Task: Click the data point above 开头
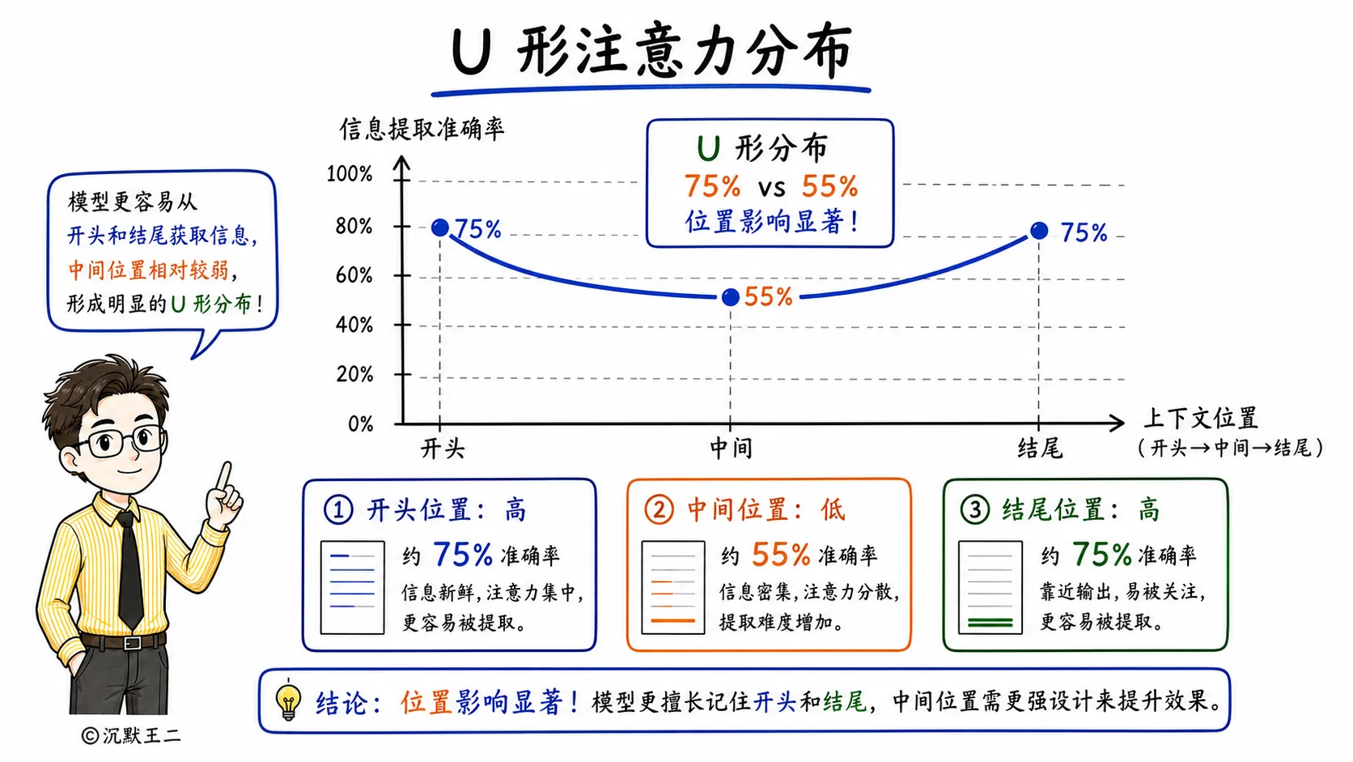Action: coord(439,228)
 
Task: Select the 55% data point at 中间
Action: coord(730,296)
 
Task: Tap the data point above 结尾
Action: coord(1039,230)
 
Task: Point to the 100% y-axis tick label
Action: coord(349,174)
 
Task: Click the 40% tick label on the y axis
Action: coord(354,325)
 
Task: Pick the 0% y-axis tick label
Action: coord(361,424)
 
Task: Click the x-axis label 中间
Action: coord(731,449)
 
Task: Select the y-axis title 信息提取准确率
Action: coord(422,129)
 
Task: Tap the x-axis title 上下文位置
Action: coord(1201,418)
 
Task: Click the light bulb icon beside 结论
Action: coord(288,700)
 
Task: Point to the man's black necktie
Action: coord(129,570)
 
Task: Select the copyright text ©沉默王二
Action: coord(131,735)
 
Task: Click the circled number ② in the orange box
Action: coord(659,509)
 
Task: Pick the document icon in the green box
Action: coord(990,587)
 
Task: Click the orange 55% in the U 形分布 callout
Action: coord(829,186)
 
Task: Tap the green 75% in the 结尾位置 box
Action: coord(1101,554)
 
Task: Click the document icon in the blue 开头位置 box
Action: coord(352,587)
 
